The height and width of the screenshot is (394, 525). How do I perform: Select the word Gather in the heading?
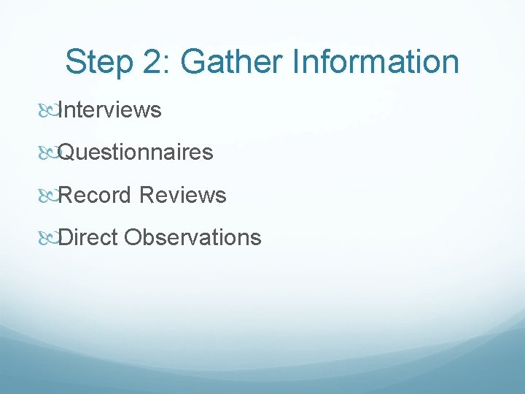pyautogui.click(x=231, y=63)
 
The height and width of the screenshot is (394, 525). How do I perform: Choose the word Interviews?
pyautogui.click(x=109, y=110)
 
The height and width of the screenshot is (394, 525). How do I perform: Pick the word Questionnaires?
pyautogui.click(x=136, y=152)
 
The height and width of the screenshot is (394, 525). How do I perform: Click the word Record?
pyautogui.click(x=95, y=195)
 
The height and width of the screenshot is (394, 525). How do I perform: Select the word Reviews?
pyautogui.click(x=182, y=195)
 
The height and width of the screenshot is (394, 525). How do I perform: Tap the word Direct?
pyautogui.click(x=87, y=237)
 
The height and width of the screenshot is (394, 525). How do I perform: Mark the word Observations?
pyautogui.click(x=192, y=237)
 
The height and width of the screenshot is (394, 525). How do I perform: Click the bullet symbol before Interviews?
pyautogui.click(x=49, y=111)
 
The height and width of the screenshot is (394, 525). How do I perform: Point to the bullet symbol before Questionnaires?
pyautogui.click(x=49, y=153)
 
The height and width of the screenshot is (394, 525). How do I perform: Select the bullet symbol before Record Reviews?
pyautogui.click(x=49, y=196)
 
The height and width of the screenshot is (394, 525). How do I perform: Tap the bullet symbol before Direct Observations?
pyautogui.click(x=49, y=238)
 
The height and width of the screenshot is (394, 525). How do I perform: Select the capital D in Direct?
pyautogui.click(x=65, y=237)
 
